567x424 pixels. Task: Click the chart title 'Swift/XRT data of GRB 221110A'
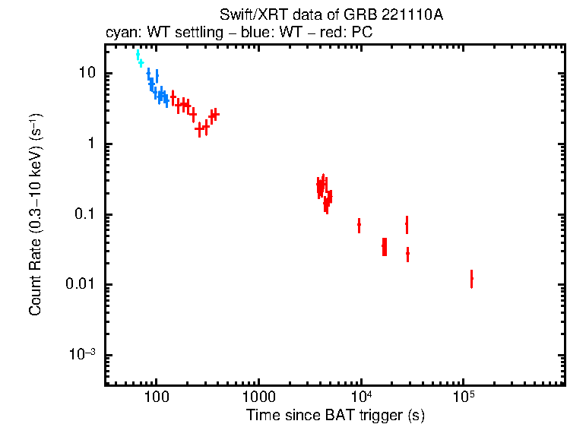331,15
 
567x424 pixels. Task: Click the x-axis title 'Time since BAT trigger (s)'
335,415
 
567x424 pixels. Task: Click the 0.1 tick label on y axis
82,215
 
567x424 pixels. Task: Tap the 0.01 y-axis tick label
79,285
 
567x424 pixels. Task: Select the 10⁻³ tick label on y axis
82,354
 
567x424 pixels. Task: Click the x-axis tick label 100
157,397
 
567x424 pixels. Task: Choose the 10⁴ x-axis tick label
361,396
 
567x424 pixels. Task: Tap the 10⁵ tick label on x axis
463,396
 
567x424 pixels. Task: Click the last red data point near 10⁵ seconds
471,280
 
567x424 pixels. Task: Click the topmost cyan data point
138,55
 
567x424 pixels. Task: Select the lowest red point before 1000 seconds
199,129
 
